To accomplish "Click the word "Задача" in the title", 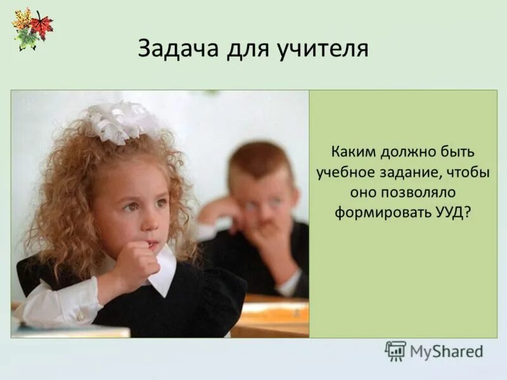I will [179, 49].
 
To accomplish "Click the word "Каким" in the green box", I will [353, 153].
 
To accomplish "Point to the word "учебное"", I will [346, 172].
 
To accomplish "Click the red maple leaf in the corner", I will [42, 25].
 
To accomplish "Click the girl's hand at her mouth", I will [136, 260].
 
